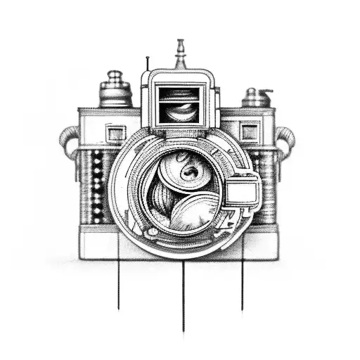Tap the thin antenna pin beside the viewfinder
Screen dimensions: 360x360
147,65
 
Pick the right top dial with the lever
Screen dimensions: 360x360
257,97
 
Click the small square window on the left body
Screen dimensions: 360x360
115,132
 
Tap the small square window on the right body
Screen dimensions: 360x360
249,131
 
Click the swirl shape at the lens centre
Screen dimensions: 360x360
188,171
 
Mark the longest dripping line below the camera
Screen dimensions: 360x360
184,295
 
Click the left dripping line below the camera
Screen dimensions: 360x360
118,281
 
